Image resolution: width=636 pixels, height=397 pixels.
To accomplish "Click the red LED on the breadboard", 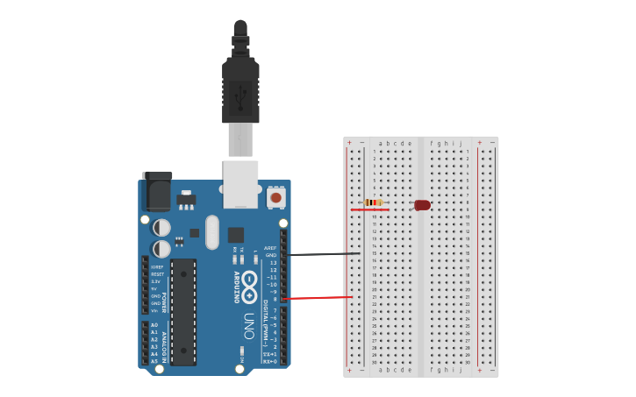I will [423, 205].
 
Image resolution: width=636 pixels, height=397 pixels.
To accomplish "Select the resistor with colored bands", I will [375, 202].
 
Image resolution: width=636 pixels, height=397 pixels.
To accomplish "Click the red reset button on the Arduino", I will [275, 198].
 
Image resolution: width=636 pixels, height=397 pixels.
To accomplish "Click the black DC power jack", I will [157, 191].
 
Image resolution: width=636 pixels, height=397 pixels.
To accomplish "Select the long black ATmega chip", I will [183, 311].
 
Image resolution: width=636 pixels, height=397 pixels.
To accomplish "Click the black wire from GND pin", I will [325, 254].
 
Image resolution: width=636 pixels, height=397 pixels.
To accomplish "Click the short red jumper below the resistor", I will [369, 209].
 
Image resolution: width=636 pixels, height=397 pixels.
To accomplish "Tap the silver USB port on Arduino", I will [240, 184].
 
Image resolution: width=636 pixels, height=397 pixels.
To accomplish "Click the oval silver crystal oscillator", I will [212, 232].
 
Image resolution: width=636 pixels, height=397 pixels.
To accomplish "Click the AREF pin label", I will [270, 248].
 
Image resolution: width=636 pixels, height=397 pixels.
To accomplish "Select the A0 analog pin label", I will [155, 325].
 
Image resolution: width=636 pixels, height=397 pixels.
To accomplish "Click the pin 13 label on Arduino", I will [273, 263].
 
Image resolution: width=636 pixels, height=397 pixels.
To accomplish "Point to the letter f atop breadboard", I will [431, 143].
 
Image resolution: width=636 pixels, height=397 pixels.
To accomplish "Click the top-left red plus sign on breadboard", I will [349, 142].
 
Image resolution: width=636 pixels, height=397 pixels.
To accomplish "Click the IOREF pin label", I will [157, 266].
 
